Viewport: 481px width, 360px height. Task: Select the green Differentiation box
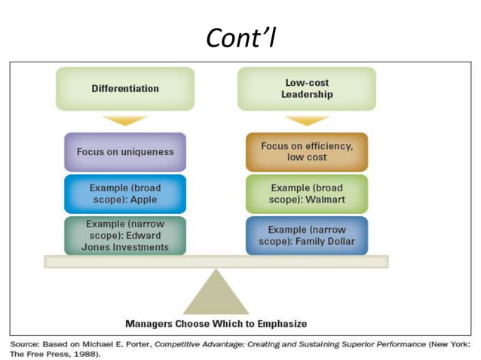(125, 88)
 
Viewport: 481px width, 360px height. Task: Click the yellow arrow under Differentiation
(125, 121)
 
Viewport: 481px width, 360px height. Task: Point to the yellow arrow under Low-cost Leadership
(306, 121)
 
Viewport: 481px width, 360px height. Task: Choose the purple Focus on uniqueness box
(125, 151)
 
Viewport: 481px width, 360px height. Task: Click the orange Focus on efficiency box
(306, 151)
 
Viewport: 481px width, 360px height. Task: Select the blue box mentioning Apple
(125, 194)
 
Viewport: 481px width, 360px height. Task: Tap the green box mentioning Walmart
(306, 194)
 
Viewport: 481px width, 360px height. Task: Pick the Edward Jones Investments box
(125, 236)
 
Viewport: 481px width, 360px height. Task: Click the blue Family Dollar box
(306, 236)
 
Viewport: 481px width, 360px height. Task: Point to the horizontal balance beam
(216, 261)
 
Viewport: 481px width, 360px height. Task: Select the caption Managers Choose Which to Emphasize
(216, 324)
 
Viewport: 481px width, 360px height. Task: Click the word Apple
(145, 200)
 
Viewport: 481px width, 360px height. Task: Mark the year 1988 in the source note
(84, 353)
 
